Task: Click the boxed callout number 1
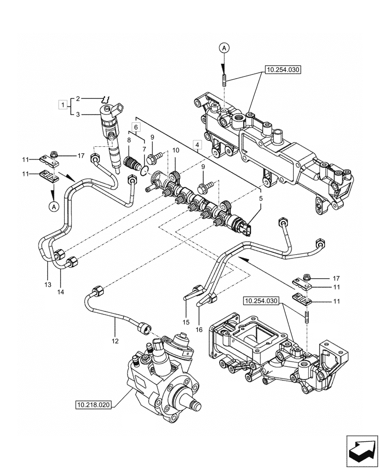pos(61,103)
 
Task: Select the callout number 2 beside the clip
pos(78,98)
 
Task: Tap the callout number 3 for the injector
pos(78,114)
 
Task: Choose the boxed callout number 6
pos(135,127)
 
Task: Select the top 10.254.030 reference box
pos(283,69)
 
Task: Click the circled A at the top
pos(224,48)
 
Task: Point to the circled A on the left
pos(53,205)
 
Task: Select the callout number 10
pos(175,150)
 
